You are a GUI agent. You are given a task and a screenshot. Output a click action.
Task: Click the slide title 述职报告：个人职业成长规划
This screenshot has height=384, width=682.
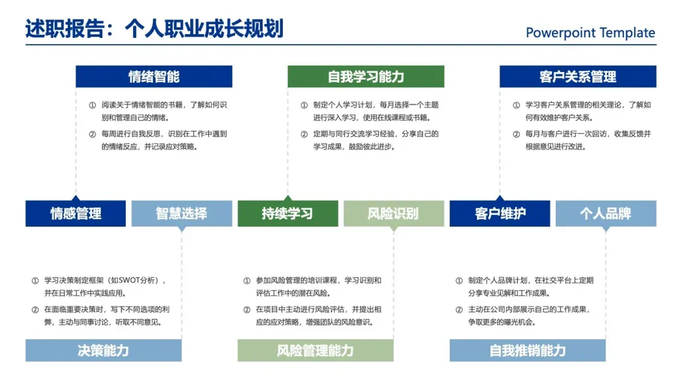pyautogui.click(x=154, y=28)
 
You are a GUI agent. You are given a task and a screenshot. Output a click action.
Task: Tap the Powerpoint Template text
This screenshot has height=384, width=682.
pyautogui.click(x=590, y=33)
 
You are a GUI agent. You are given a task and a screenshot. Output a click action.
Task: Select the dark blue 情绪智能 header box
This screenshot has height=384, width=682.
pyautogui.click(x=154, y=76)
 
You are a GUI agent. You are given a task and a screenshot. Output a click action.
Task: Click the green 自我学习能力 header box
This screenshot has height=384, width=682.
pyautogui.click(x=366, y=76)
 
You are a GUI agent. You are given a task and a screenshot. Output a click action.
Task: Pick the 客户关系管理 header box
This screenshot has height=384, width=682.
pyautogui.click(x=578, y=76)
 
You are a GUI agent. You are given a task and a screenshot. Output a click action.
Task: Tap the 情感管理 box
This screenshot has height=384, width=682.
pyautogui.click(x=76, y=213)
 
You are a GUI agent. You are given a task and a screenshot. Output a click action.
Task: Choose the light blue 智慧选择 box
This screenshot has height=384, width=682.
pyautogui.click(x=181, y=213)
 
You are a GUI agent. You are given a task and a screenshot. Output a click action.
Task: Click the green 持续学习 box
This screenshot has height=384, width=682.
pyautogui.click(x=287, y=213)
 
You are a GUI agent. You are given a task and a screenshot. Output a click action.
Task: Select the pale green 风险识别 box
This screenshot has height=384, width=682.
pyautogui.click(x=393, y=213)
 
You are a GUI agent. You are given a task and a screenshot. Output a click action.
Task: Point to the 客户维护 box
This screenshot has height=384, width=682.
pyautogui.click(x=500, y=213)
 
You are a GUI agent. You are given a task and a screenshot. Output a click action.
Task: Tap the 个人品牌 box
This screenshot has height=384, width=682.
pyautogui.click(x=606, y=213)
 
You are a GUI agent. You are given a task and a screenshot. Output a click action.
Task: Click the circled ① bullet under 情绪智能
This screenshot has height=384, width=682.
pyautogui.click(x=92, y=105)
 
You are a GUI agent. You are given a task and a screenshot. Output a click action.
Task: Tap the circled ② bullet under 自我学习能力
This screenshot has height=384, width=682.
pyautogui.click(x=304, y=134)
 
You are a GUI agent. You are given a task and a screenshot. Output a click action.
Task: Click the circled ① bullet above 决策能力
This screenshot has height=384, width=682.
pyautogui.click(x=35, y=280)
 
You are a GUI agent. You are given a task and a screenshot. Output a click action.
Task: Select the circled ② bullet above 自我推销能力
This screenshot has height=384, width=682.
pyautogui.click(x=459, y=309)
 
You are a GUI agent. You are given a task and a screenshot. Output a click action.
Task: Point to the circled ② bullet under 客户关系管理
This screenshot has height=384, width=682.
pyautogui.click(x=517, y=134)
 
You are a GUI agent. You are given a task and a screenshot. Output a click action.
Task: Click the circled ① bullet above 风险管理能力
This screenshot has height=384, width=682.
pyautogui.click(x=247, y=280)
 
